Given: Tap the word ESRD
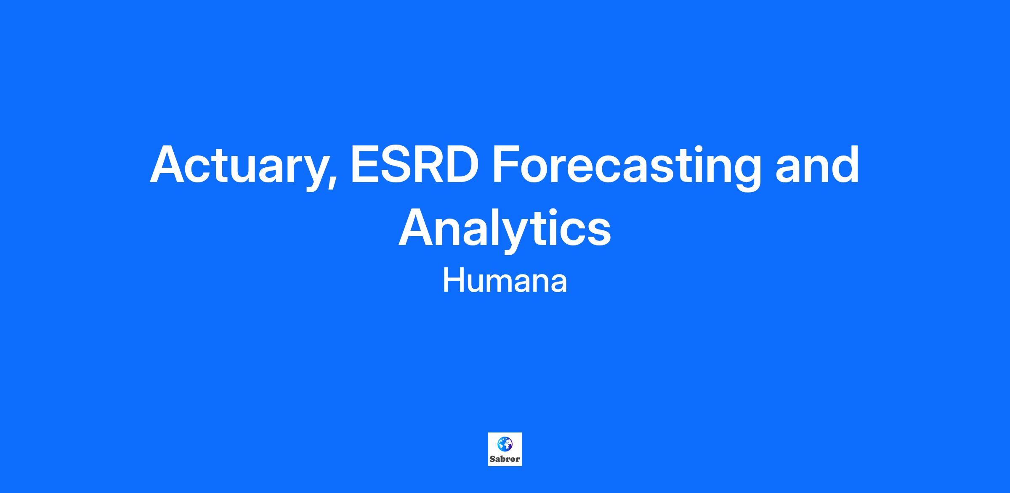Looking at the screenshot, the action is pyautogui.click(x=415, y=164).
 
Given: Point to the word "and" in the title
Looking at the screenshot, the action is pyautogui.click(x=817, y=164).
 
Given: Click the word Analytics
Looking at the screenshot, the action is pyautogui.click(x=505, y=228).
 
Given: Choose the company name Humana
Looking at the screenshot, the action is pyautogui.click(x=505, y=281).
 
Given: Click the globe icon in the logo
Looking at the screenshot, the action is pyautogui.click(x=505, y=443).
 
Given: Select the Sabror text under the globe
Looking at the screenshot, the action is pyautogui.click(x=505, y=459).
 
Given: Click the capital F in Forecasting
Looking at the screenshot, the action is pyautogui.click(x=508, y=164).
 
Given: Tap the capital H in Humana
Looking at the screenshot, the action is pyautogui.click(x=453, y=280).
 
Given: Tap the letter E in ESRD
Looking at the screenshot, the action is pyautogui.click(x=364, y=164).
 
